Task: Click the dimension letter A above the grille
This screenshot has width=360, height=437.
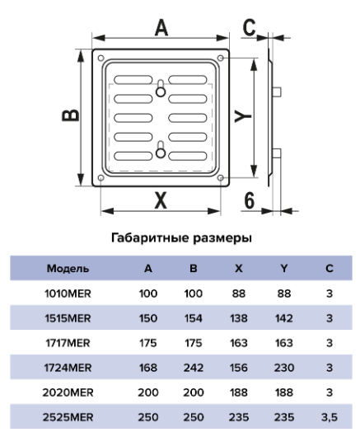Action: coord(161,27)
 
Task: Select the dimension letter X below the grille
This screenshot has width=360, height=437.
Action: coord(161,200)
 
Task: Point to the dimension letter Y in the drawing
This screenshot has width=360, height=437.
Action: coord(243,116)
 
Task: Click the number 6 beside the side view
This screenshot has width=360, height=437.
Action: coord(249,200)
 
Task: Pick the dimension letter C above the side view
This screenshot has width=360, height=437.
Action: coord(249,27)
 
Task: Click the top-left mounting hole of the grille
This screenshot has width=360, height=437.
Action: coord(101,59)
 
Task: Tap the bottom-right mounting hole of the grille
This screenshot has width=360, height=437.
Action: coord(220,177)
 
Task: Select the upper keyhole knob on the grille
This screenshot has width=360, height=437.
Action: coord(161,92)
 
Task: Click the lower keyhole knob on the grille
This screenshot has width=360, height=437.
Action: coord(161,153)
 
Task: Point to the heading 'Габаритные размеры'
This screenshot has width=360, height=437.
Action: coord(181,238)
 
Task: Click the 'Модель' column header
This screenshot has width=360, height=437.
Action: coord(68,269)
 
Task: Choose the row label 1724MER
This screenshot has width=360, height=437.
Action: coord(68,368)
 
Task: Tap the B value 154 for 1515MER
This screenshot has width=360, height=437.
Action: coord(194,318)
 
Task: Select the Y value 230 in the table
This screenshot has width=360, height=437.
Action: coord(284,368)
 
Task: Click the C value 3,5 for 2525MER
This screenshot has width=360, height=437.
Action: coord(330,417)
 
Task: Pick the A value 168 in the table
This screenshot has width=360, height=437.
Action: coord(148,368)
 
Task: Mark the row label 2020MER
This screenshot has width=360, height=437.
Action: coord(68,392)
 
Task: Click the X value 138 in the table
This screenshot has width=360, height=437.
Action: coord(239,318)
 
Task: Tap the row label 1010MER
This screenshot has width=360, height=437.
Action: coord(68,294)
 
